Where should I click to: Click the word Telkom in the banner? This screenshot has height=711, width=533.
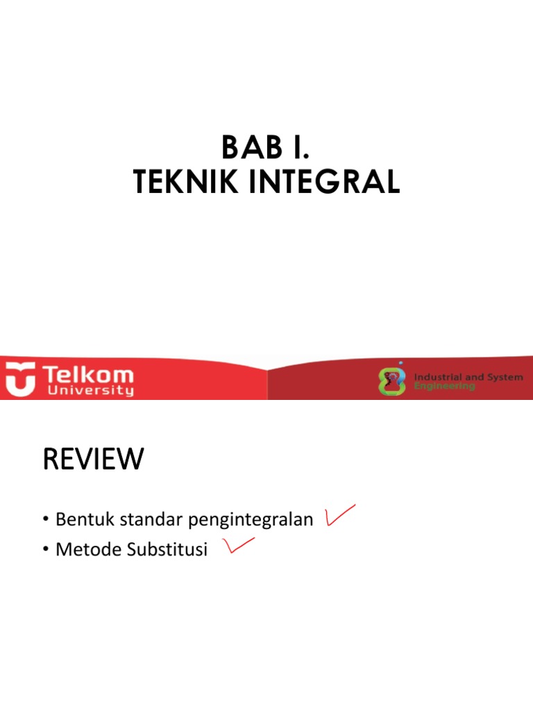tap(88, 376)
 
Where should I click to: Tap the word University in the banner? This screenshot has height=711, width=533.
tap(88, 391)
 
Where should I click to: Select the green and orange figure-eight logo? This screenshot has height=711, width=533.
tap(392, 381)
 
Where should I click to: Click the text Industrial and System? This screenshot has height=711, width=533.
tap(468, 377)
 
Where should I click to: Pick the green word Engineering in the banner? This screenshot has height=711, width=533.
tap(445, 386)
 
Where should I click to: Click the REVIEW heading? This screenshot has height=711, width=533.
tap(93, 459)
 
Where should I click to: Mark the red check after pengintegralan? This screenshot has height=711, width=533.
tap(339, 515)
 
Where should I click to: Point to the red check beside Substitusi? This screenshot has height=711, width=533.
tap(237, 547)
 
